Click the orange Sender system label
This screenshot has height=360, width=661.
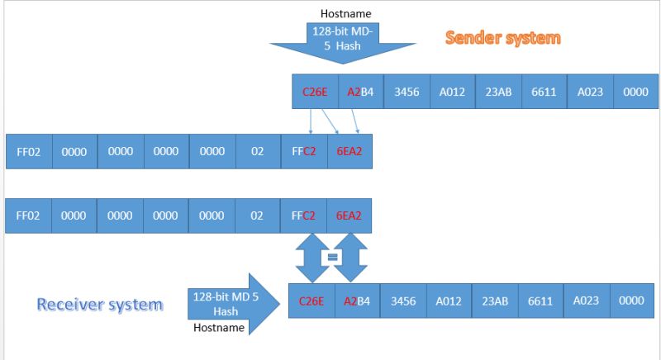(502, 38)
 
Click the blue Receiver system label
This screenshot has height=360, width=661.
(99, 305)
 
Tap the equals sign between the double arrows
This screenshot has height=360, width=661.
(334, 257)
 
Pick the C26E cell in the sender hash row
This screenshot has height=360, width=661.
(314, 92)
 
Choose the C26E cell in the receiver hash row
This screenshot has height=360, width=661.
(311, 301)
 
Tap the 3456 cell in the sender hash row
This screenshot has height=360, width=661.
(406, 92)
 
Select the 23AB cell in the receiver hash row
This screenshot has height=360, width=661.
(494, 301)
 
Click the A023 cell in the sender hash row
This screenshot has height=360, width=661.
(589, 92)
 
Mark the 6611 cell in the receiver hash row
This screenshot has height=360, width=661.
(540, 301)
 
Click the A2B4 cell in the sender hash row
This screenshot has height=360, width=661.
(360, 92)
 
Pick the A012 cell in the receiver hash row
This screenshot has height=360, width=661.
(449, 301)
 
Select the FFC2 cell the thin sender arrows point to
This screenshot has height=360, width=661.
(303, 152)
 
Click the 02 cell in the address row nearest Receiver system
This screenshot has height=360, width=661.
(257, 216)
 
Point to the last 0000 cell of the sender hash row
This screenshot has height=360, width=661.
(635, 92)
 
